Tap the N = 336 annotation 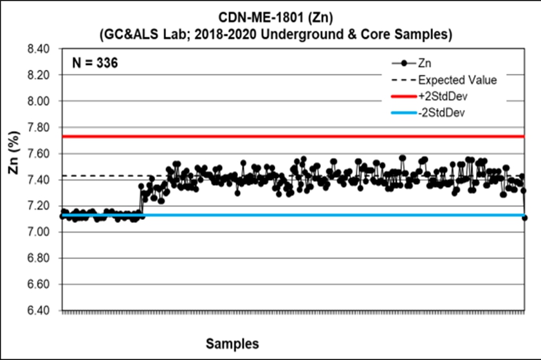pyautogui.click(x=93, y=64)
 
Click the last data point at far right pyautogui.click(x=525, y=218)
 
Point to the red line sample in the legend pyautogui.click(x=403, y=96)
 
